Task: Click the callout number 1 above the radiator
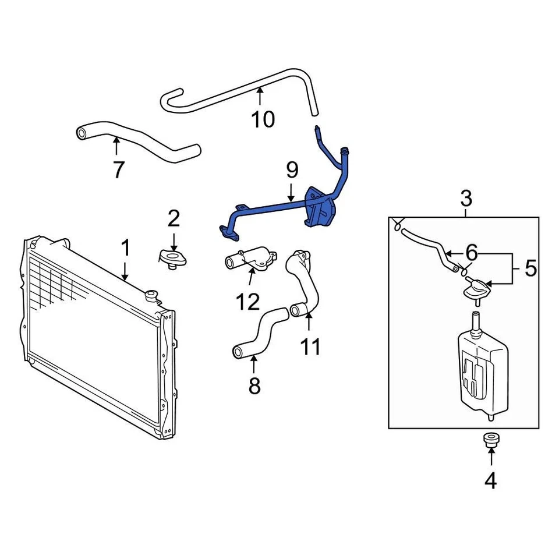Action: (x=125, y=249)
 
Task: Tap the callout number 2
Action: (x=174, y=219)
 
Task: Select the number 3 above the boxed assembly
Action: (x=466, y=199)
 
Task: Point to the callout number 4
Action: (x=490, y=480)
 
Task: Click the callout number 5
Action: (x=530, y=268)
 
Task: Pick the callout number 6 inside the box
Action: (x=471, y=253)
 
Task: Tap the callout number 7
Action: (x=118, y=169)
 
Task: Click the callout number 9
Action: (x=292, y=170)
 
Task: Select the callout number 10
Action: (x=263, y=119)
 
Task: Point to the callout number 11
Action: (x=310, y=346)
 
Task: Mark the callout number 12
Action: (x=248, y=301)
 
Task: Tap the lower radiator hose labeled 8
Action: (x=259, y=334)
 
